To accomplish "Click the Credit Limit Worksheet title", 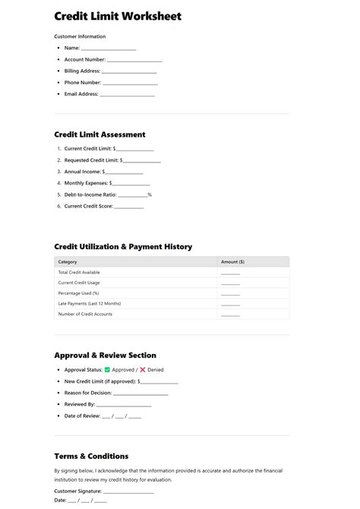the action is coord(118,16).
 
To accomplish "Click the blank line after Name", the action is coord(109,49).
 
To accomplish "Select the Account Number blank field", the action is coord(134,60).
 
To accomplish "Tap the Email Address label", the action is coord(81,94).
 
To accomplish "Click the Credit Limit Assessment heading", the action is coord(99,134).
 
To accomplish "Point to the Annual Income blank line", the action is coord(124,172).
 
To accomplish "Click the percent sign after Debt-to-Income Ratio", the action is coord(150,194).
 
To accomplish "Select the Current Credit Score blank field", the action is coord(129,207).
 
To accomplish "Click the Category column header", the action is coord(68,261).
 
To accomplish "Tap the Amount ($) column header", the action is coord(232,261).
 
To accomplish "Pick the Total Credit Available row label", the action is coord(79,272).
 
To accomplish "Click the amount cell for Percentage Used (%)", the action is coord(230,293).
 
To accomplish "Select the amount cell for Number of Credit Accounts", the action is coord(230,315).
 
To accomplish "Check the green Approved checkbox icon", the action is coord(107,370).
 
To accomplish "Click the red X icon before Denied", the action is coord(142,370).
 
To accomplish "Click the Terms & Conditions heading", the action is coord(91,456).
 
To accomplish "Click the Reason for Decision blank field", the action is coord(141,394).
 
